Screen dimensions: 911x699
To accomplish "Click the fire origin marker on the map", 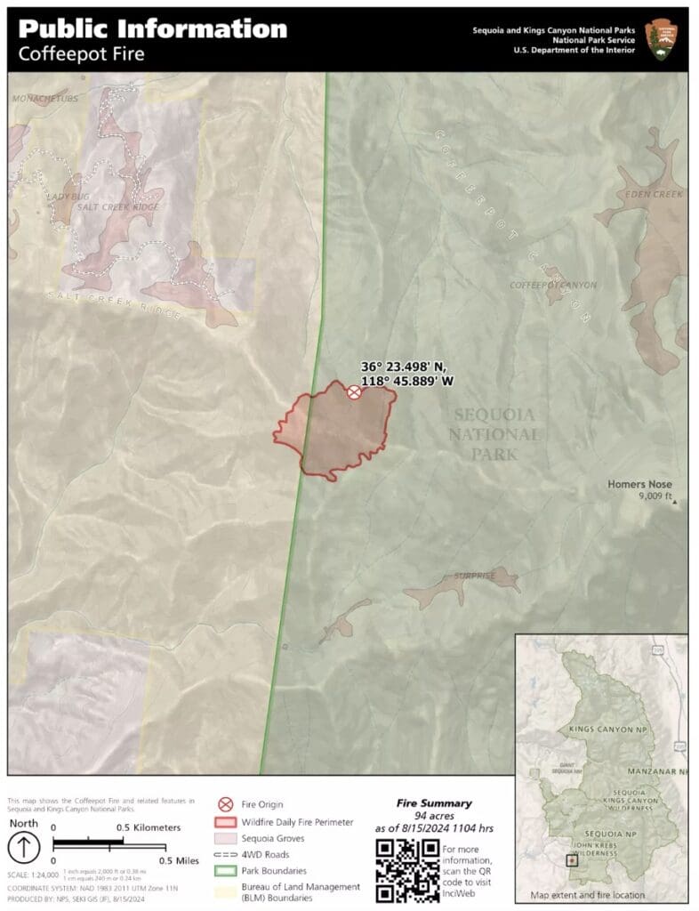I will coord(354,391).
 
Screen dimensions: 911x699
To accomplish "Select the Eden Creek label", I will coord(654,194).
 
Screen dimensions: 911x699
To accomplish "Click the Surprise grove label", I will coord(474,576).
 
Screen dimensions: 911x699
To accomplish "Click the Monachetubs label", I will coord(44,99).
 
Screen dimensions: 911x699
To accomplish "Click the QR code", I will coord(406,869).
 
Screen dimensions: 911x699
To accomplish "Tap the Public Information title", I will coord(152,28).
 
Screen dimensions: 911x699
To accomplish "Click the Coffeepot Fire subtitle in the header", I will coord(81,53).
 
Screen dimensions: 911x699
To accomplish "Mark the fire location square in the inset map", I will coord(572,861).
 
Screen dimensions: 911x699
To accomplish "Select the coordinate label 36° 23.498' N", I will coord(404,367).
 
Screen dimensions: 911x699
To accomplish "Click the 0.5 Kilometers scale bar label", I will coord(142,827).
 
